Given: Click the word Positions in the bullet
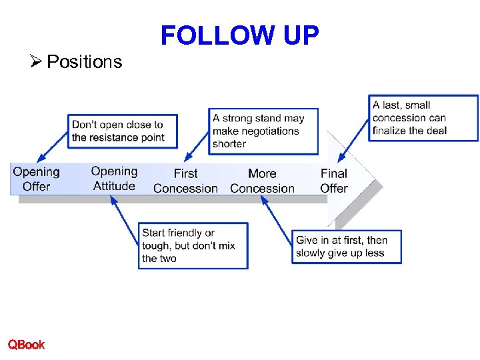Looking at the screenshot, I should (85, 62).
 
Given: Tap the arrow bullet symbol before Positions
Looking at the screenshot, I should (37, 62).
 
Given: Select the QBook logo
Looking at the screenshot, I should (27, 345).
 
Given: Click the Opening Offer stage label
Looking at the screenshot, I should (36, 179).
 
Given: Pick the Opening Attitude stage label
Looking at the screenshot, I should (114, 179).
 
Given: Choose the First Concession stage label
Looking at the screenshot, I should (185, 181).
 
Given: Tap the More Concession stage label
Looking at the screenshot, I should (262, 181).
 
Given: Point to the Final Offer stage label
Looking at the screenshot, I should (334, 181).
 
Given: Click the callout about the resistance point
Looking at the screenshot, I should (117, 131).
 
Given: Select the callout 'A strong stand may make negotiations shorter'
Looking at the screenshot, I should (263, 131).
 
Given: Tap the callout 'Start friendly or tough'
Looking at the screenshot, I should (193, 245).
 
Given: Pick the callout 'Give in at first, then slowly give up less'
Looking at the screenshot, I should (346, 247).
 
